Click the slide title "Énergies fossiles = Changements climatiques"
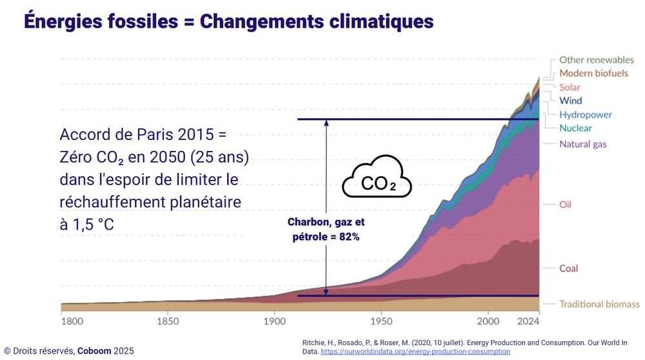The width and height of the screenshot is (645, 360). (229, 21)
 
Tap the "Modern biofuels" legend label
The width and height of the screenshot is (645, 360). (593, 74)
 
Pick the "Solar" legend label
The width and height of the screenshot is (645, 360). (570, 87)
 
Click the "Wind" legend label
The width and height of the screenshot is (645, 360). (570, 101)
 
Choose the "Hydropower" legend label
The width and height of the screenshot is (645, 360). (586, 115)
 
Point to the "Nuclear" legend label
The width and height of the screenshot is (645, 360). (575, 128)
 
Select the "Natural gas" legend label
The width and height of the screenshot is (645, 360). (582, 144)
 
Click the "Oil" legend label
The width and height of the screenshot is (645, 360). (565, 205)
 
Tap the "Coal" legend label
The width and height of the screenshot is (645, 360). (568, 268)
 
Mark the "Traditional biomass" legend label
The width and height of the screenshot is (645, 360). (599, 304)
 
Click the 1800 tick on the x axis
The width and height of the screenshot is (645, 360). (71, 320)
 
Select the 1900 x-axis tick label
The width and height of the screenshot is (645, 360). (274, 320)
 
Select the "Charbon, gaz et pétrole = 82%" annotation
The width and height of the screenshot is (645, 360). (326, 229)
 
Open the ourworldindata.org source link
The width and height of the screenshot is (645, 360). (415, 352)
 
